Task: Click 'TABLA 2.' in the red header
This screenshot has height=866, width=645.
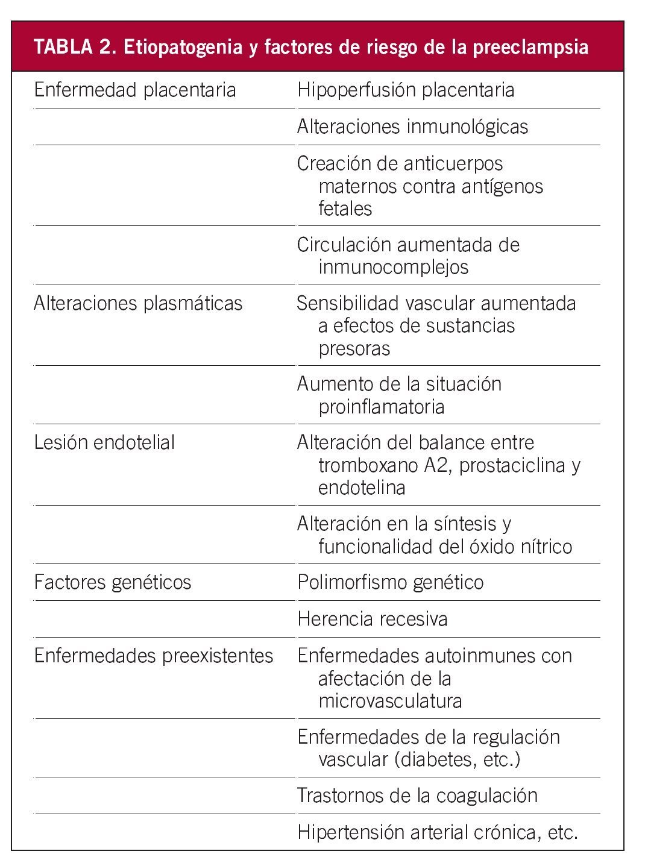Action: pos(74,47)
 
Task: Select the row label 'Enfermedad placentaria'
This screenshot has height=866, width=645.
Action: pos(134,90)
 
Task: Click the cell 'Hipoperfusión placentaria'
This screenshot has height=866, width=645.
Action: pos(406,90)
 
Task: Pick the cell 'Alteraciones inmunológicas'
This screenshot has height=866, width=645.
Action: pos(412,127)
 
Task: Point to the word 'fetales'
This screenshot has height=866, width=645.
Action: pos(345,209)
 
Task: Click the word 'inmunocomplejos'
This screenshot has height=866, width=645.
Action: pos(393,267)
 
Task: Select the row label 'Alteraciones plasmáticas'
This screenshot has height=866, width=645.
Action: pos(138,303)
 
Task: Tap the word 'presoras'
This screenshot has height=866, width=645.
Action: pos(354,348)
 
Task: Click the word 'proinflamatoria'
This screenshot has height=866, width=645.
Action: pos(381,407)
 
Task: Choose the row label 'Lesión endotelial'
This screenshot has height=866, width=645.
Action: pos(104,442)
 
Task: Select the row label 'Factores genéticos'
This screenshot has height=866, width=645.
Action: pos(112,582)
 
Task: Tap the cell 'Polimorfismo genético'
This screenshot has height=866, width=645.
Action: pos(390,582)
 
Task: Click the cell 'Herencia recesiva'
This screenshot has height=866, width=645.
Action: pos(372,619)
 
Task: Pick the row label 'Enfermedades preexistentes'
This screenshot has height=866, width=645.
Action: pos(154,656)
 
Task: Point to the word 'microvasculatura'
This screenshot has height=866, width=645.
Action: pos(390,701)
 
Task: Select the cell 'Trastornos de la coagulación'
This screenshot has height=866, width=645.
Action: pos(417,795)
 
